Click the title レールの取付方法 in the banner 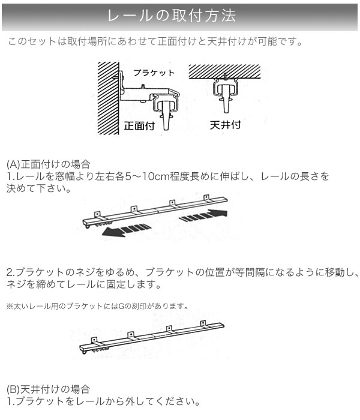(172, 16)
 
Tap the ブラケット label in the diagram (154, 73)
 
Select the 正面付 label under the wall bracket (139, 125)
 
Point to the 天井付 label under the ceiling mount (226, 125)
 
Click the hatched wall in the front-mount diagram (108, 98)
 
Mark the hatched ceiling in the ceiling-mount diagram (224, 71)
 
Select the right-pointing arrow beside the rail (203, 216)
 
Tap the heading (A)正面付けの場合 (49, 164)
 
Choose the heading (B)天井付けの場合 (48, 389)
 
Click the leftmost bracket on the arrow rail (97, 214)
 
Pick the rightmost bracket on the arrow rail (206, 199)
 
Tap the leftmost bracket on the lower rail (94, 341)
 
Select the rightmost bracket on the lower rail (203, 324)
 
